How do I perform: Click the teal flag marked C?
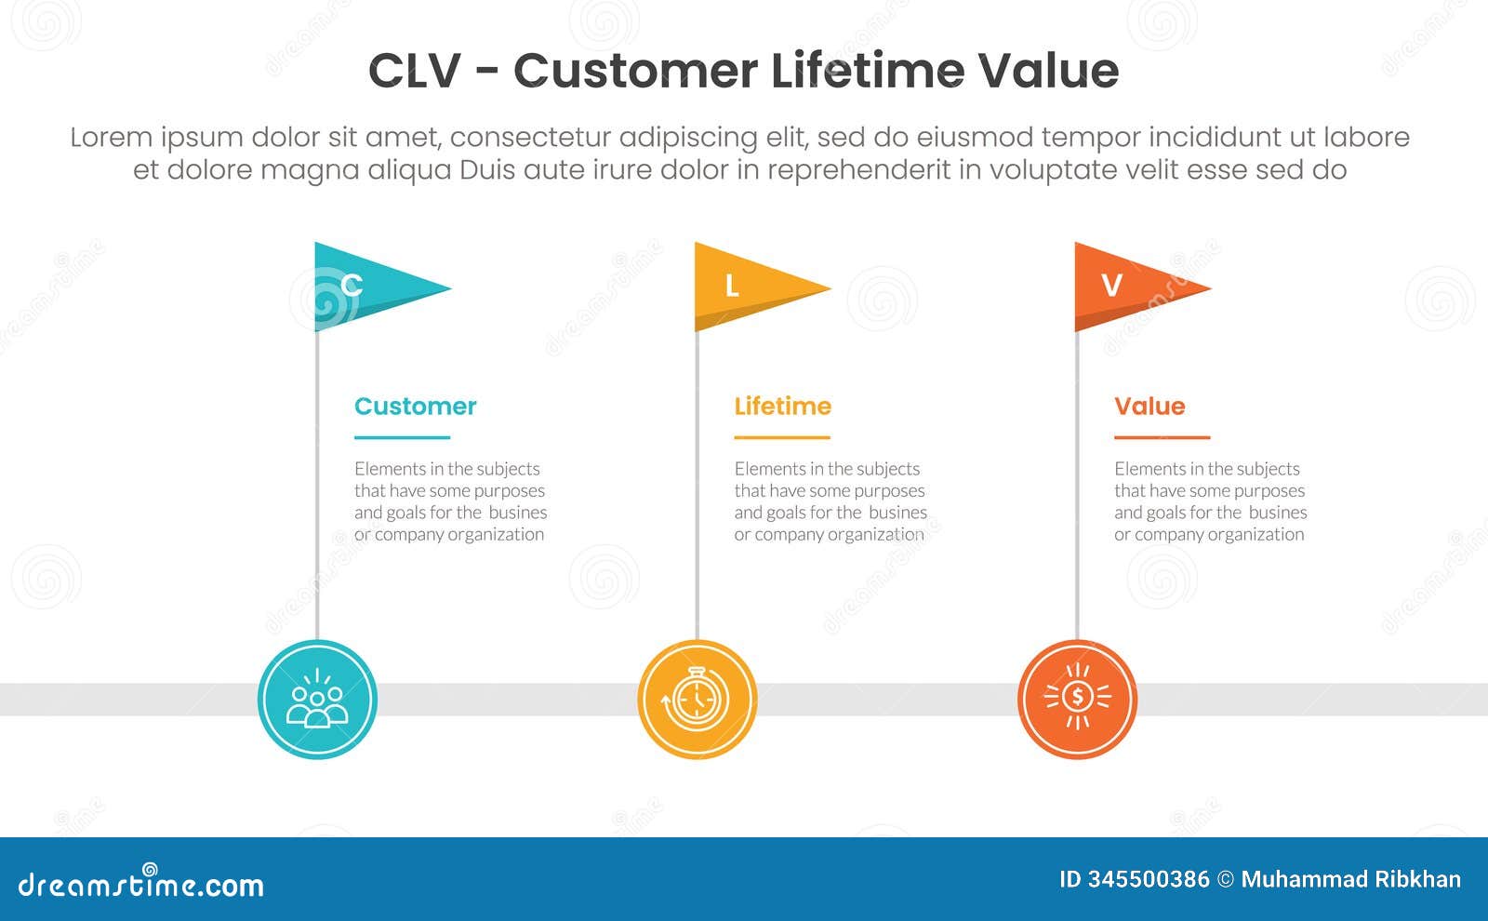[367, 287]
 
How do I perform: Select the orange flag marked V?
[1126, 287]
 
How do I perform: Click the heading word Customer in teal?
[415, 407]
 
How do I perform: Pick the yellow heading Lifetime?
[782, 407]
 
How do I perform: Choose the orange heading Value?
[1149, 407]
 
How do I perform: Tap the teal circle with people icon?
[317, 700]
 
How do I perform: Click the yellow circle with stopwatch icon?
[697, 700]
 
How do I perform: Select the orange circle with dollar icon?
[1077, 700]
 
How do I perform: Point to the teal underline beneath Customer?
[402, 437]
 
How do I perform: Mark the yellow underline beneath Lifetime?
[781, 437]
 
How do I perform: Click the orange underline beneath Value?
[1162, 437]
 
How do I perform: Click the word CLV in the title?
[414, 71]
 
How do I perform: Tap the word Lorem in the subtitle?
[111, 138]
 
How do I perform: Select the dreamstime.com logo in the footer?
[140, 884]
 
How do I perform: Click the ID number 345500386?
[1149, 879]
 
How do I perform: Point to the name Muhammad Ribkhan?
[1350, 879]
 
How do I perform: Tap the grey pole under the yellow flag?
[697, 484]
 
